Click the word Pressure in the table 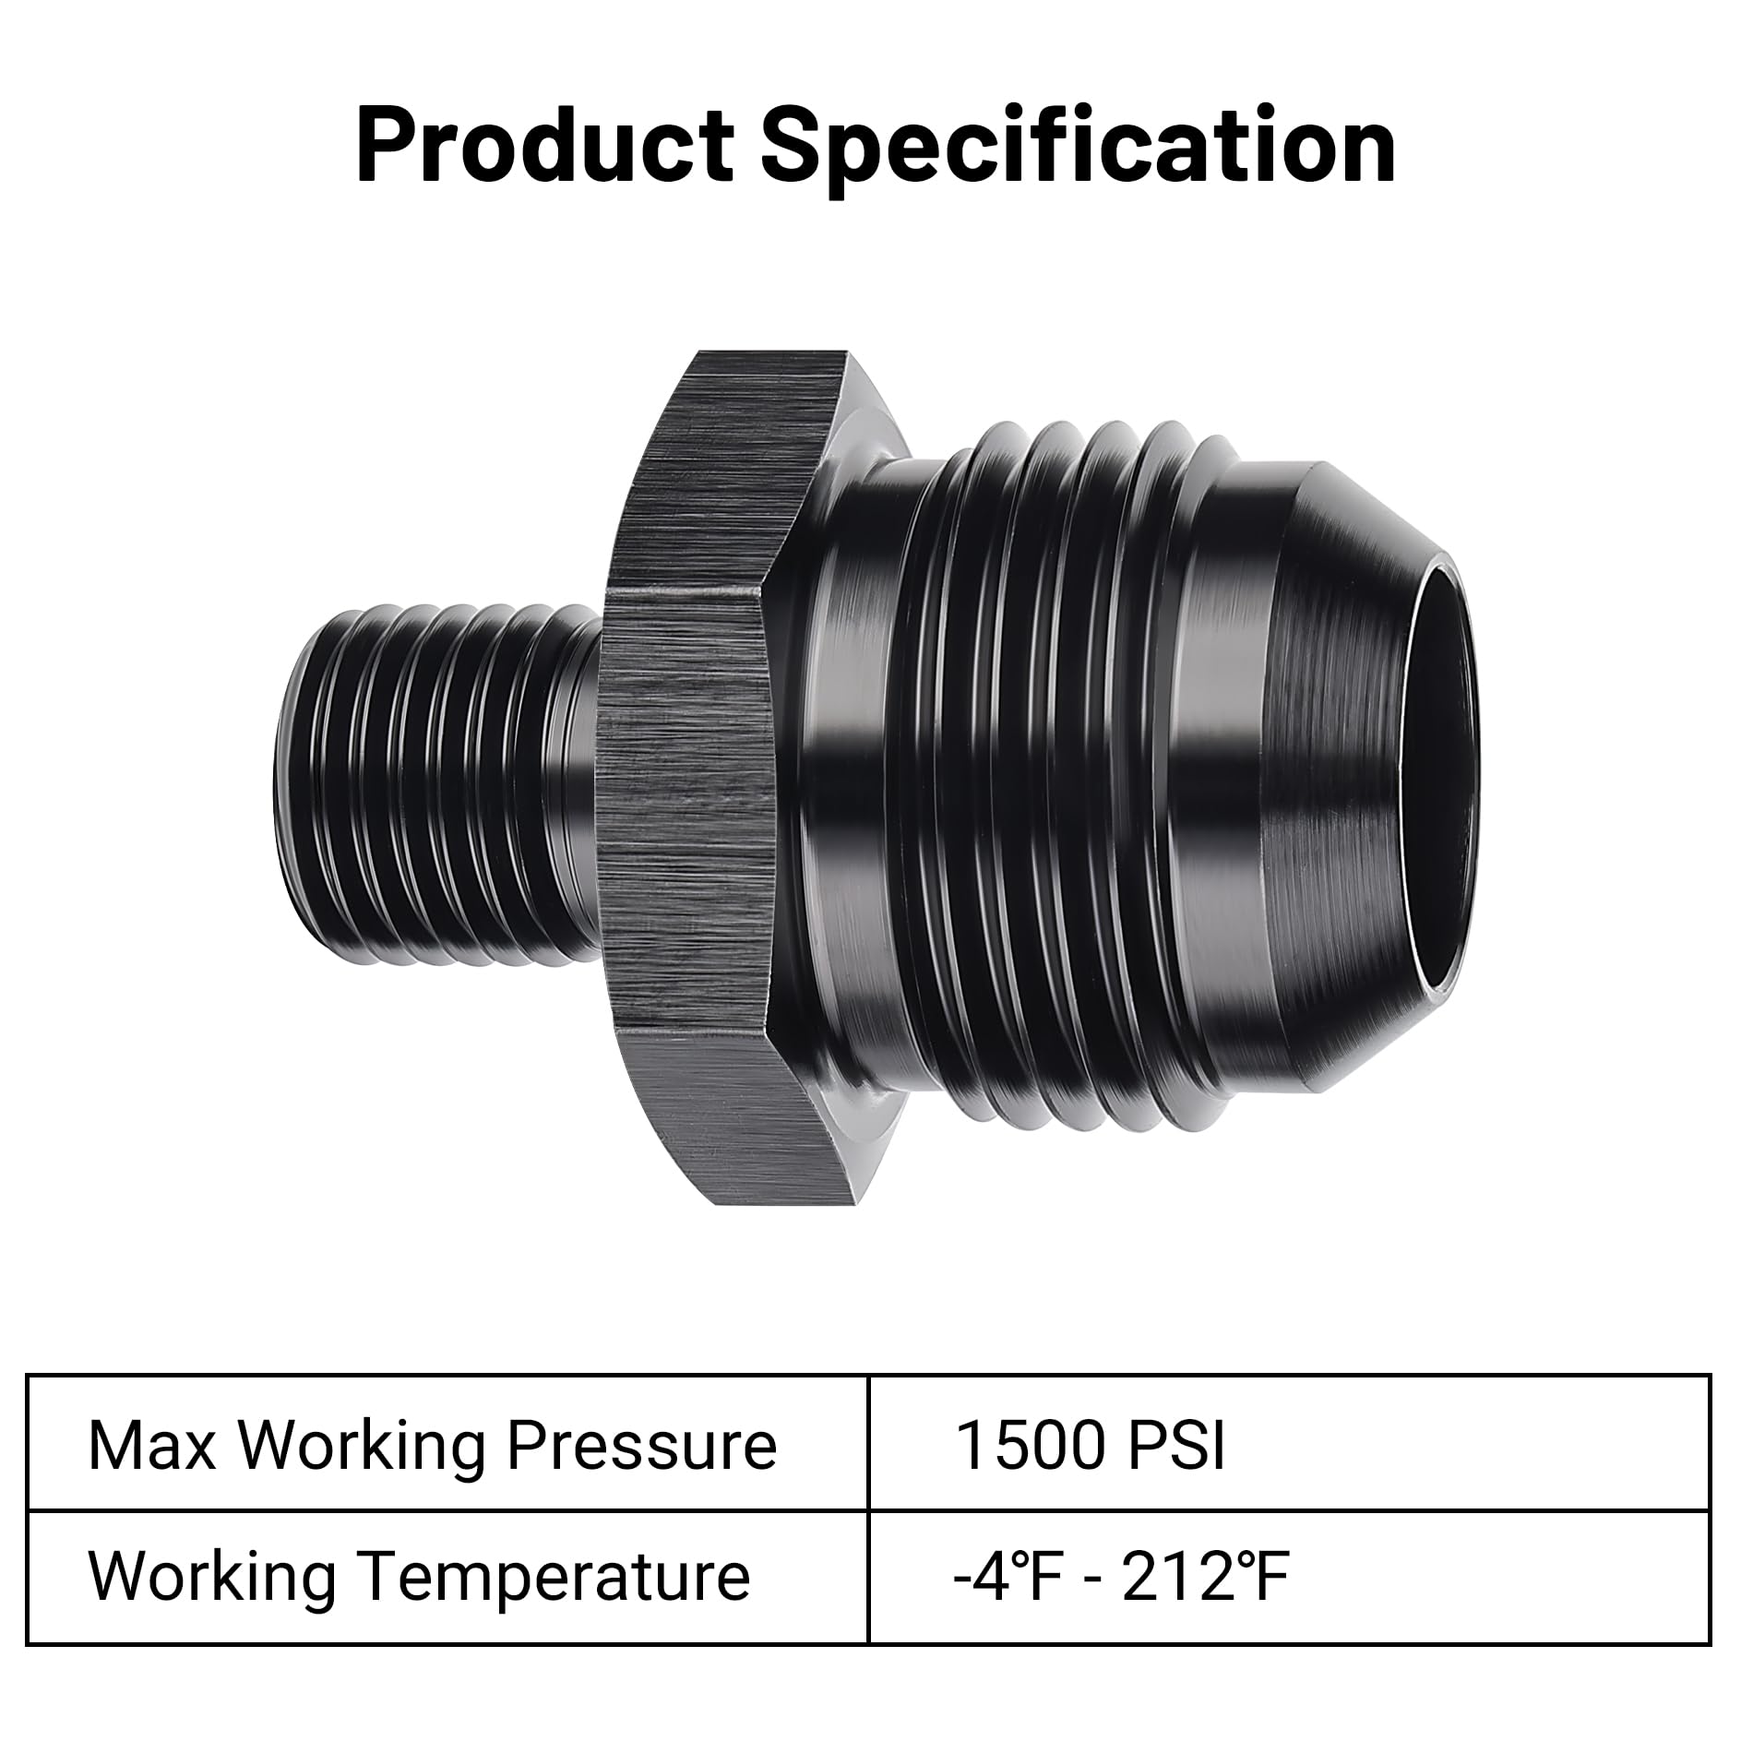click(x=642, y=1446)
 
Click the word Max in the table click(x=151, y=1446)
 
